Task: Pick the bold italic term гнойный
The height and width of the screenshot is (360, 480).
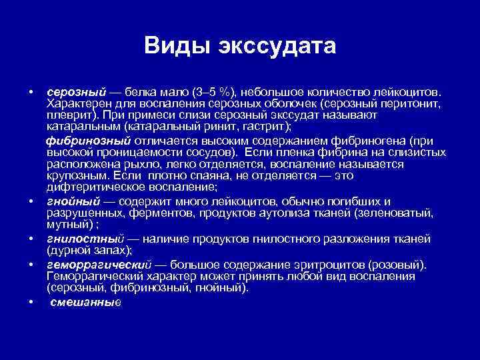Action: coord(73,201)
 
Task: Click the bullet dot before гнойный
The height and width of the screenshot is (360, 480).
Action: coord(32,201)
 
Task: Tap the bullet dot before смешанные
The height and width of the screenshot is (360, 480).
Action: coord(32,301)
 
